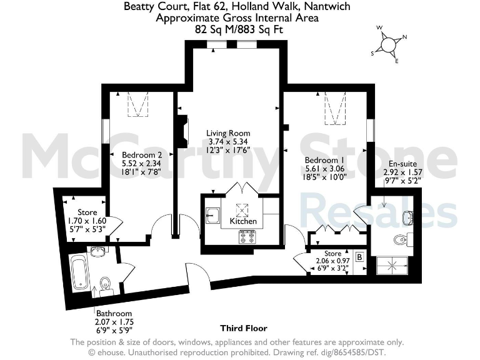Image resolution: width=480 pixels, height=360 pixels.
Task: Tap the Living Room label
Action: [228, 133]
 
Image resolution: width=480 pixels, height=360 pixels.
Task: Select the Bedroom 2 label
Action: [142, 154]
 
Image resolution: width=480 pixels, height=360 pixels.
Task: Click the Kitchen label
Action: [243, 221]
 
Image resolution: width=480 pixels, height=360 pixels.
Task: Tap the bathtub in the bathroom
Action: [78, 272]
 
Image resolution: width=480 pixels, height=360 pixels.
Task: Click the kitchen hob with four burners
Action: [246, 237]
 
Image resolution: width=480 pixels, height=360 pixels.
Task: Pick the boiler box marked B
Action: [359, 256]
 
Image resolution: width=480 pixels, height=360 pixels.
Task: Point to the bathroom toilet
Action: [106, 282]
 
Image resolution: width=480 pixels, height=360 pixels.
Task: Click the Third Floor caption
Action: [244, 328]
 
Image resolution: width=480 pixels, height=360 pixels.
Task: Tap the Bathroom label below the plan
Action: [113, 313]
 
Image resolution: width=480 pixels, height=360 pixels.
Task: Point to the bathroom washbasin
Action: [98, 252]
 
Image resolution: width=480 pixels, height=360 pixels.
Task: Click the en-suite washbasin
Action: [407, 217]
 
